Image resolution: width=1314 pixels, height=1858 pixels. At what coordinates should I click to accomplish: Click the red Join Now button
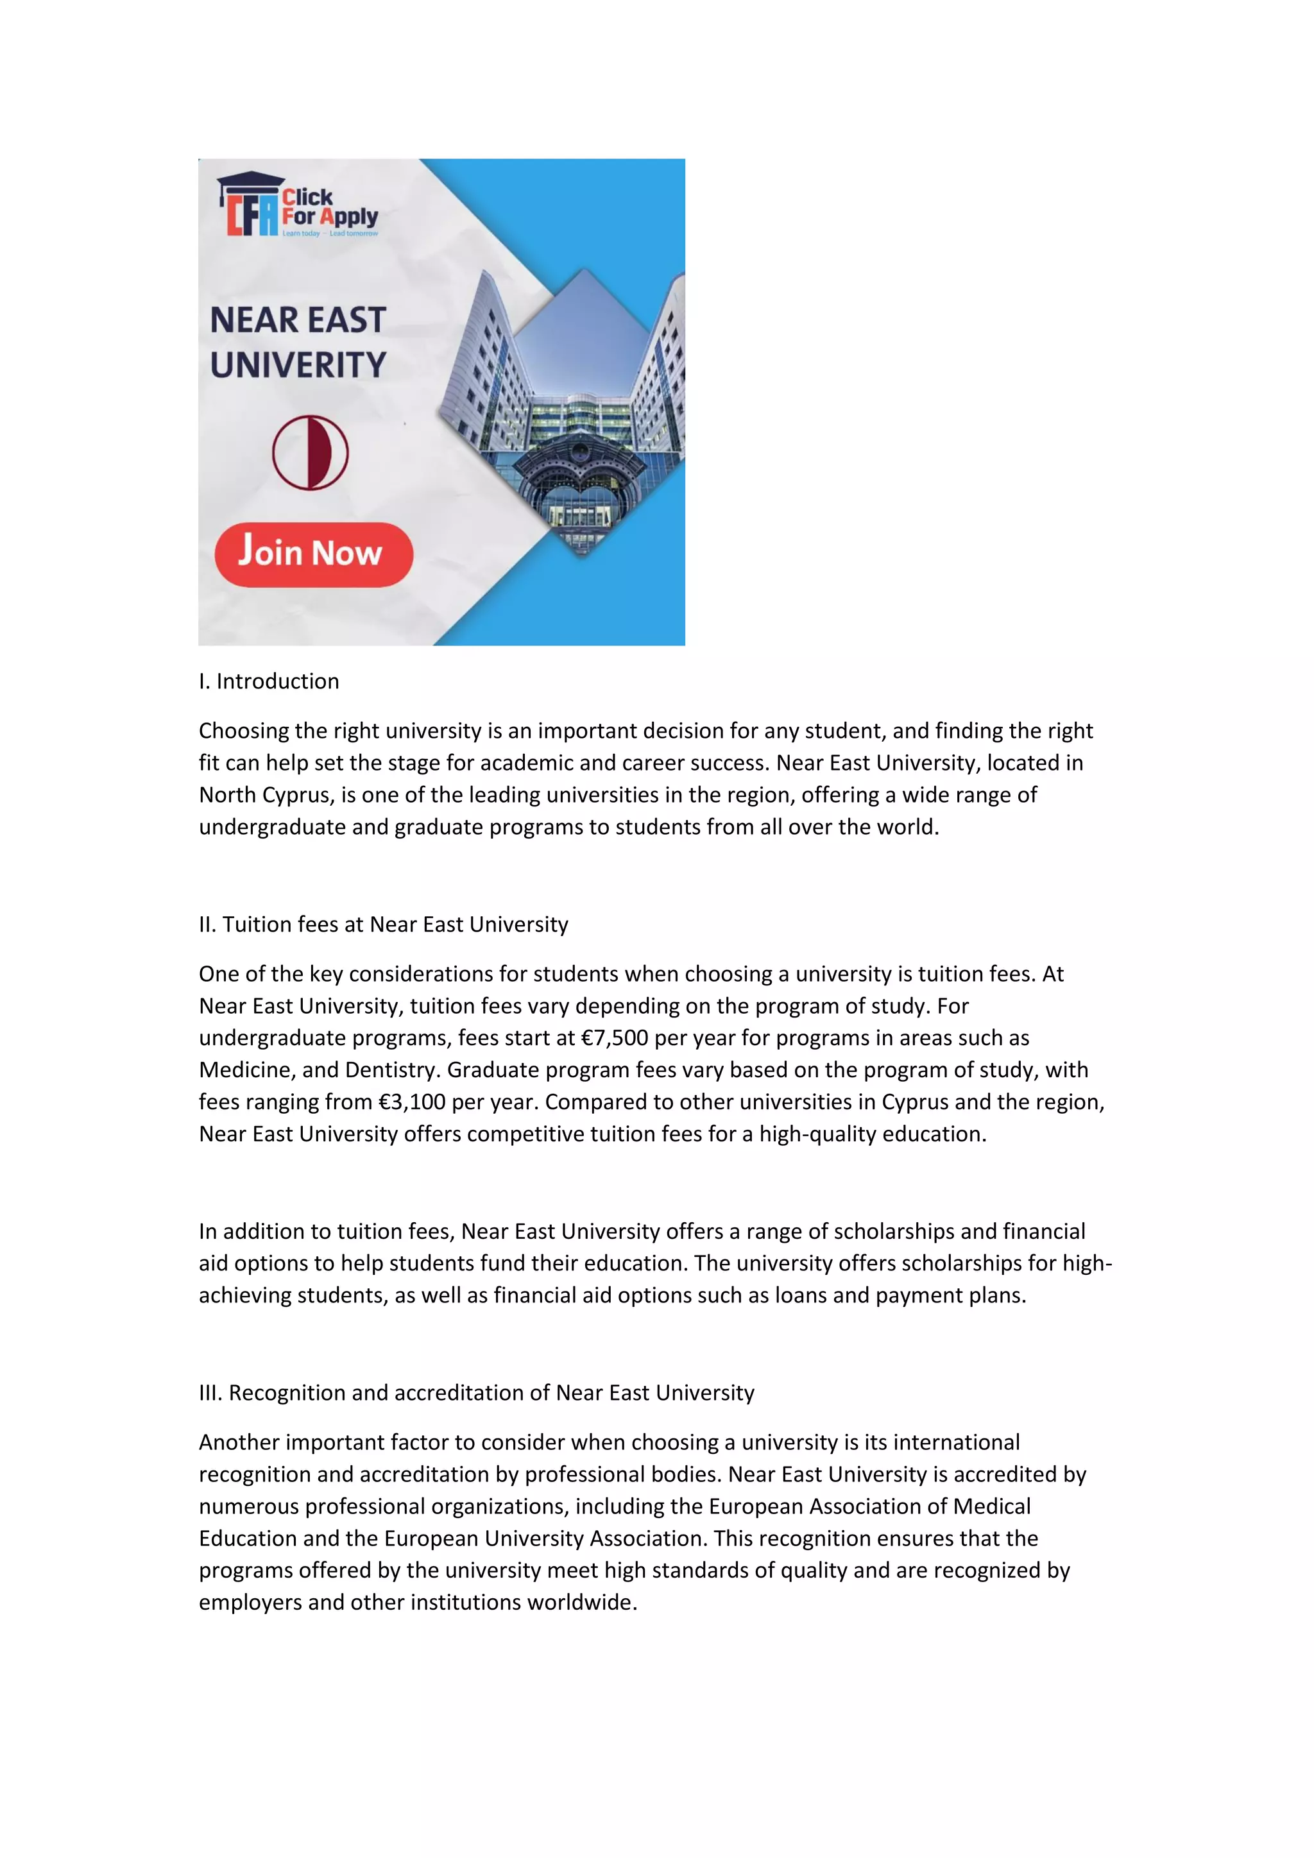(x=314, y=554)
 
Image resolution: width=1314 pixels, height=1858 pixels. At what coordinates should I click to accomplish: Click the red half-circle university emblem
(x=310, y=452)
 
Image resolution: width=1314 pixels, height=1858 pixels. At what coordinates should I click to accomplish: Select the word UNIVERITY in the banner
(x=298, y=365)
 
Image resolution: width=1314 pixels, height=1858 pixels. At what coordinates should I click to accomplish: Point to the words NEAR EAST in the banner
(x=298, y=320)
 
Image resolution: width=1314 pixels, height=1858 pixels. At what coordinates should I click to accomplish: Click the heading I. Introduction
(x=269, y=681)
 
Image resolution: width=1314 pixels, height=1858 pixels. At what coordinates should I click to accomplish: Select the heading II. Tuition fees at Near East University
(x=384, y=924)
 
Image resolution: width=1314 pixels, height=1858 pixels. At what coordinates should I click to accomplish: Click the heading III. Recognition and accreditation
(x=477, y=1393)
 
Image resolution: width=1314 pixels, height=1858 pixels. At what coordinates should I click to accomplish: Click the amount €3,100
(x=412, y=1102)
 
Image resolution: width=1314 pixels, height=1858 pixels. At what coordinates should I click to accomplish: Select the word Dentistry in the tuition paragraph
(x=393, y=1070)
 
